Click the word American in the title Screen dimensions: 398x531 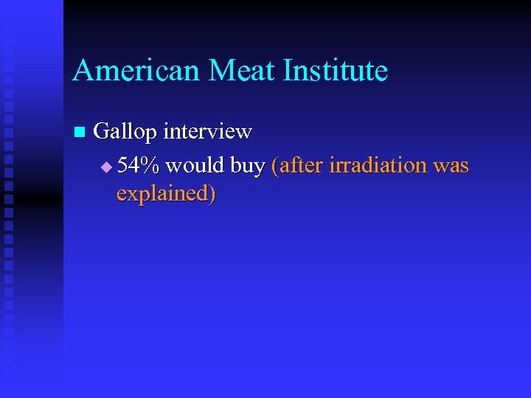click(136, 71)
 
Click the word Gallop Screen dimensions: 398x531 click(125, 133)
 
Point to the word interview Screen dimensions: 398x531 click(207, 131)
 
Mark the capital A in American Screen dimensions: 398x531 click(82, 71)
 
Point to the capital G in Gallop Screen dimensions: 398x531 click(103, 132)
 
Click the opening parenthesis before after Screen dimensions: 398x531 click(275, 167)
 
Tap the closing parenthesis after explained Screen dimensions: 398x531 click(212, 194)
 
